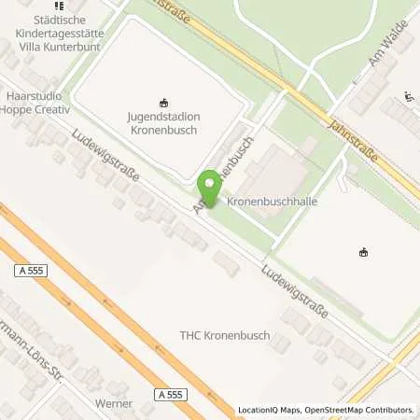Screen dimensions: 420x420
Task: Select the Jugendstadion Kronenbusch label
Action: [x=163, y=124]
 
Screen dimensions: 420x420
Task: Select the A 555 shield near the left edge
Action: [x=30, y=270]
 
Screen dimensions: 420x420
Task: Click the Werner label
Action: [x=114, y=404]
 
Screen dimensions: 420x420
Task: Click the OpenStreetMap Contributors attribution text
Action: [x=365, y=410]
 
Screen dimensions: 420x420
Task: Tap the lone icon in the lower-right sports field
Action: [x=363, y=252]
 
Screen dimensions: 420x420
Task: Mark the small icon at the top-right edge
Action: [x=409, y=95]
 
